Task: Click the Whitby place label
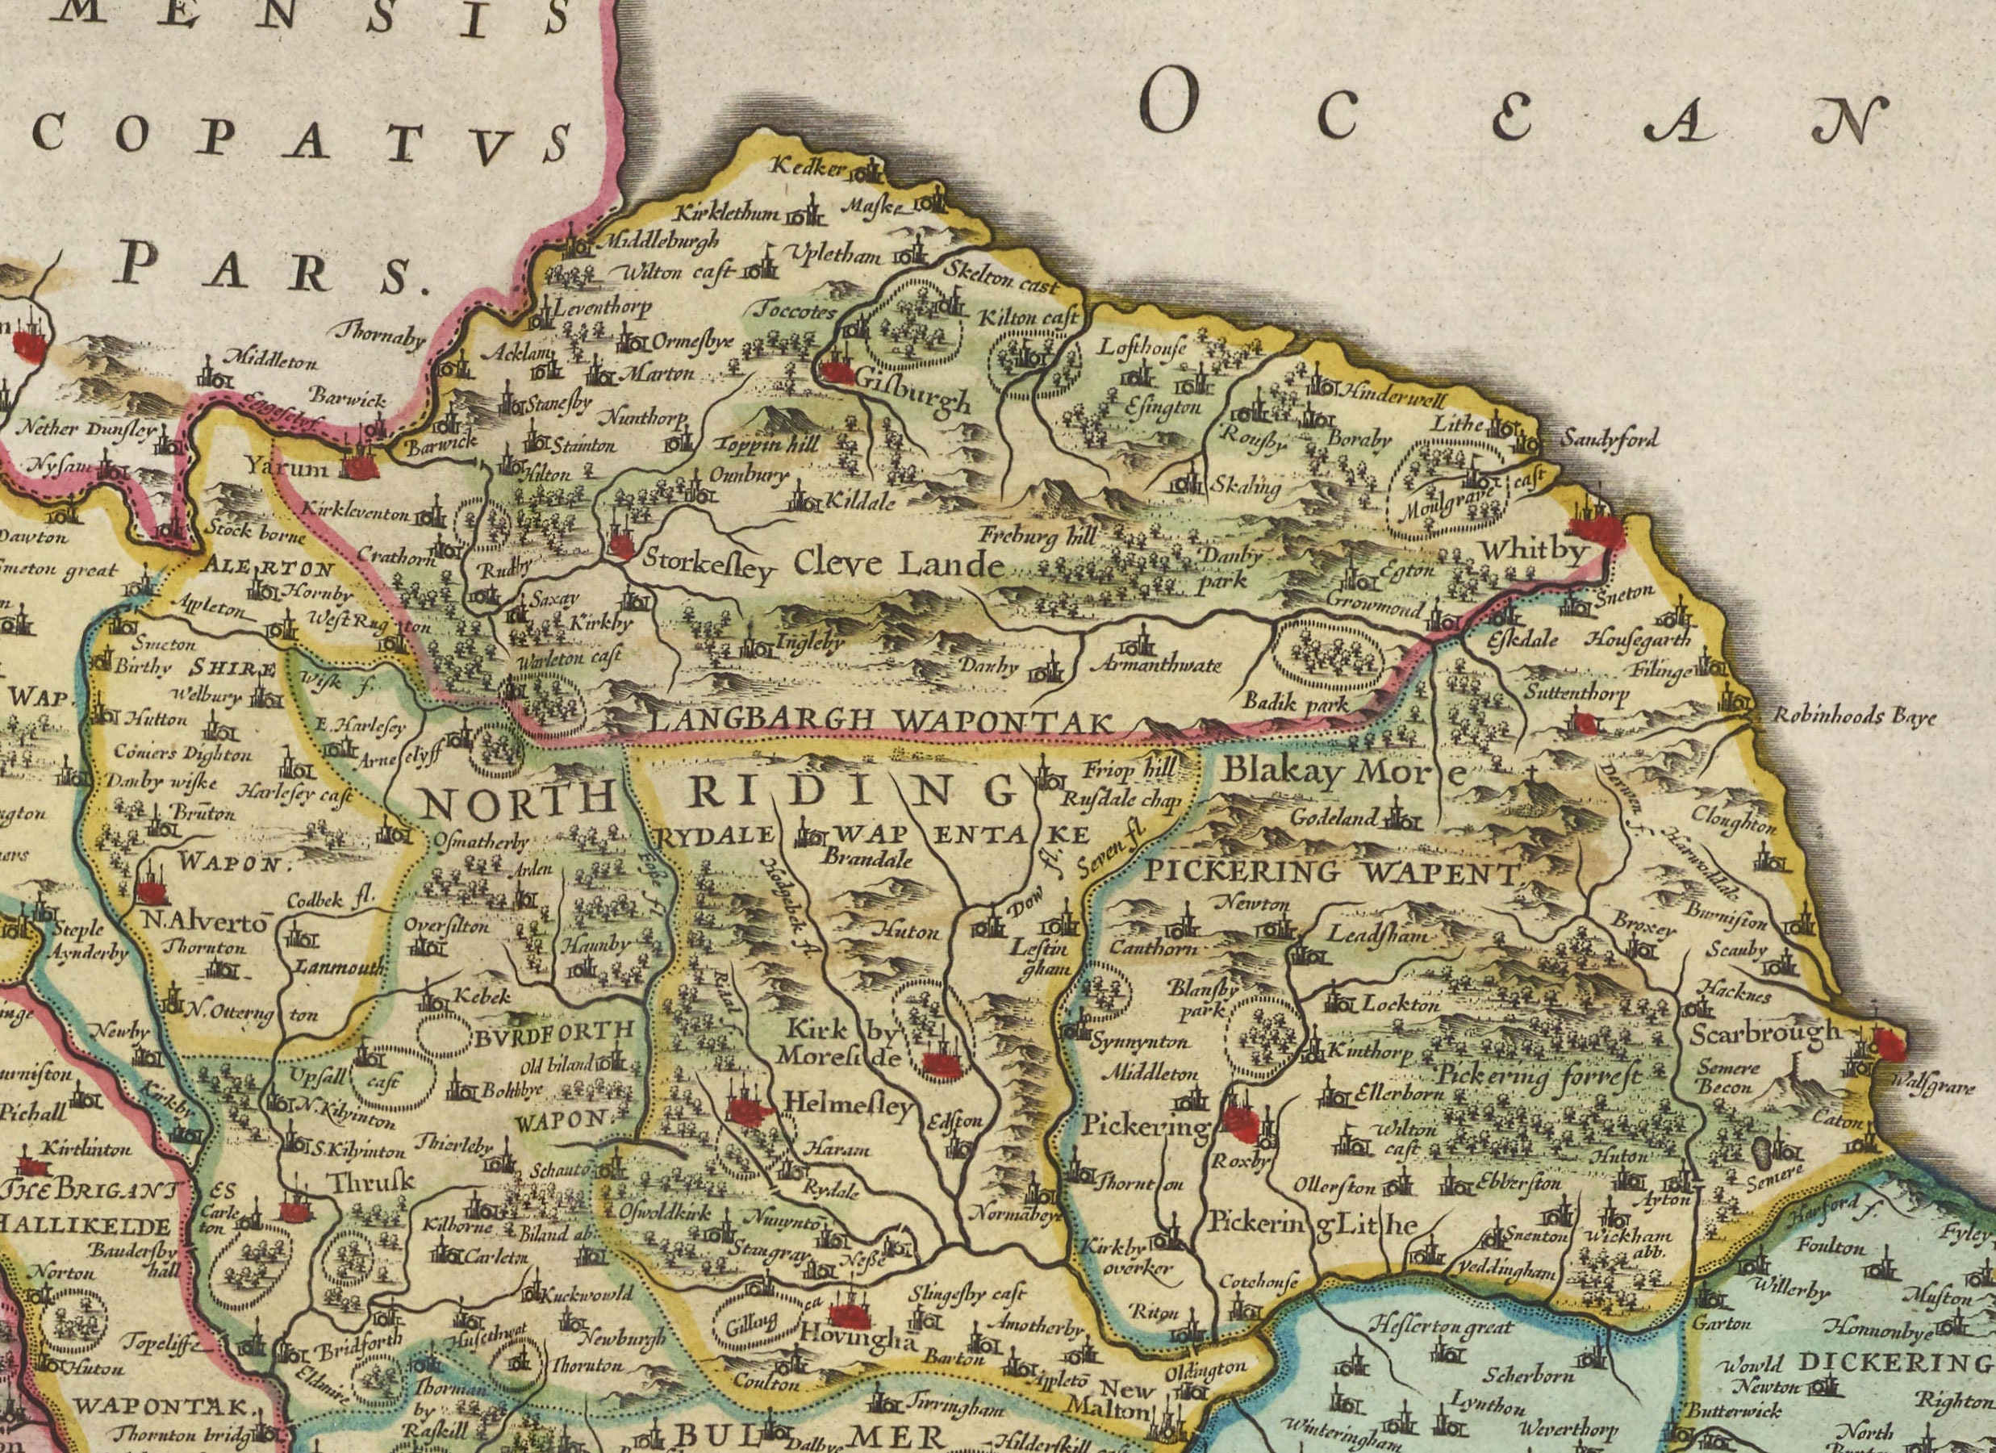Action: pos(1534,552)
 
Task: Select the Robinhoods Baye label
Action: pos(1853,716)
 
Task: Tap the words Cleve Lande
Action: pos(899,564)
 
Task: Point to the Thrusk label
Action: pos(372,1182)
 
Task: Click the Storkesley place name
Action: pos(708,563)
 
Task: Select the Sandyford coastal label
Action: pos(1610,438)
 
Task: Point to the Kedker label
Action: pos(808,166)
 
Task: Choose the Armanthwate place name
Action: pos(1155,666)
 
